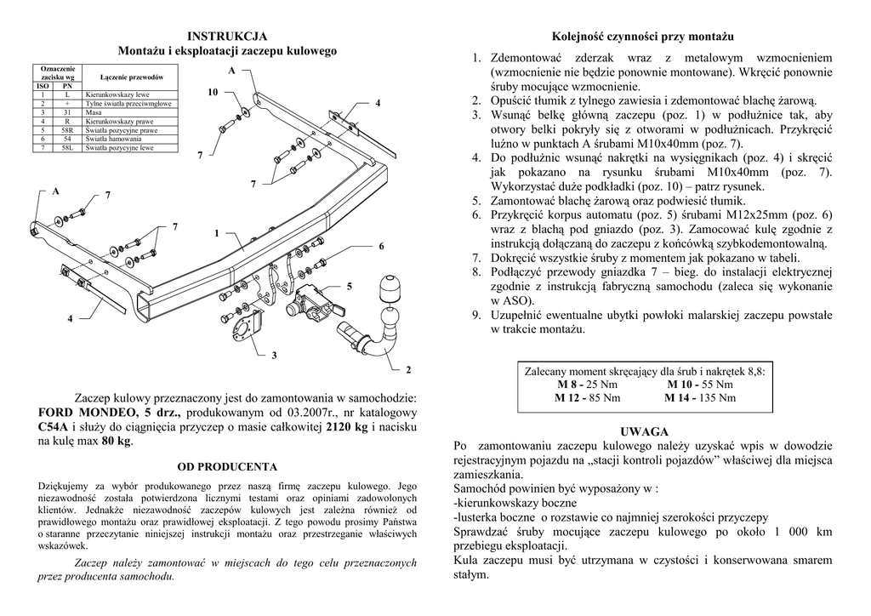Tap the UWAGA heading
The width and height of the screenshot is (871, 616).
(644, 432)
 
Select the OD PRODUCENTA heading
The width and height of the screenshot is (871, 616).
(226, 467)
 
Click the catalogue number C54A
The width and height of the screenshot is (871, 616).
(55, 426)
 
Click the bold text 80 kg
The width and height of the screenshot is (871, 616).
(117, 441)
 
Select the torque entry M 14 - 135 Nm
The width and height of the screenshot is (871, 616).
(700, 397)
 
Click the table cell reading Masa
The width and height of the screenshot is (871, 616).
(93, 112)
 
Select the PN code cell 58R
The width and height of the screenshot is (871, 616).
(67, 130)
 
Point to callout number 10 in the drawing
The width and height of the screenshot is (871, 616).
(213, 91)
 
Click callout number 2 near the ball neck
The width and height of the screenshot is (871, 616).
(408, 369)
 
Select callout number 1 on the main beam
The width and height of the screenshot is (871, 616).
(217, 232)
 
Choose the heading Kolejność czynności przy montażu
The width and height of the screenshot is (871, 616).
(643, 37)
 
